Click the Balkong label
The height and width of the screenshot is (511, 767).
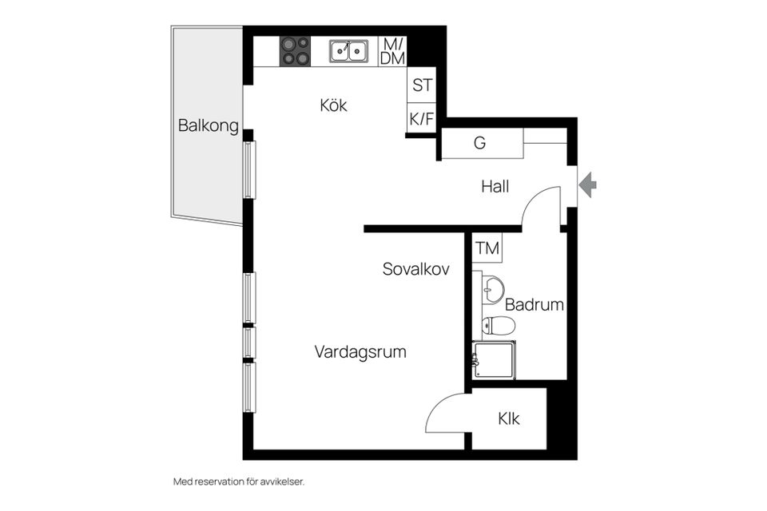coord(209,125)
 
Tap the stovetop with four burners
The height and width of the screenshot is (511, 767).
coord(295,51)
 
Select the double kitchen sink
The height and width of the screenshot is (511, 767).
coord(349,51)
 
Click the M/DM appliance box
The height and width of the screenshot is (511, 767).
coord(392,51)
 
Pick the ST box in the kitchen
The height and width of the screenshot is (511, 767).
coord(421,85)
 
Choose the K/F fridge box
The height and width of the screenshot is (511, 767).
coord(421,119)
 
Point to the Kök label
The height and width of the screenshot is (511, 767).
coord(333,105)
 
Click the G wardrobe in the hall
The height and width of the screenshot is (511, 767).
coord(480,144)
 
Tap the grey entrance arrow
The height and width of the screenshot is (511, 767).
coord(588,185)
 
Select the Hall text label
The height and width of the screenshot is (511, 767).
coord(495,187)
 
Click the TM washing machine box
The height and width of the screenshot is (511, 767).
coord(487,248)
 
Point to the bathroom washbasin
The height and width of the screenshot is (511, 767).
coord(493,288)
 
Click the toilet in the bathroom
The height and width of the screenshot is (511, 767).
coord(498,325)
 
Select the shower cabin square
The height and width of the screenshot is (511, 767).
coord(493,359)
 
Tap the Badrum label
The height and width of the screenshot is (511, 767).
coord(535,304)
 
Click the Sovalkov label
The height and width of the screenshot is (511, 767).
coord(415,269)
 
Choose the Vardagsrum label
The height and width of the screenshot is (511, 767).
coord(360,351)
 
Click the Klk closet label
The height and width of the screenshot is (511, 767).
coord(509,418)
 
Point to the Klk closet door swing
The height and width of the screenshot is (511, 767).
coord(444,413)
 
